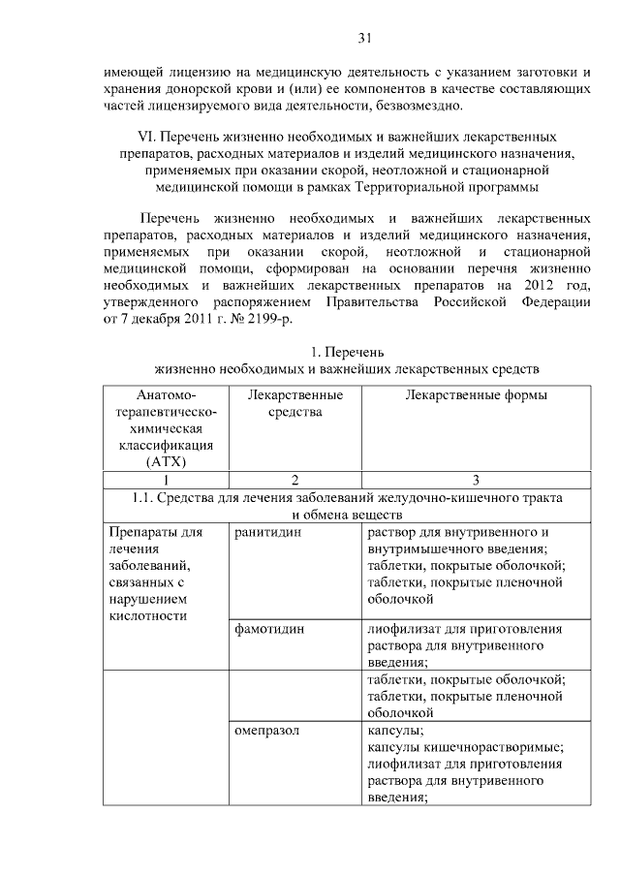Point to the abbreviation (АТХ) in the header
click(166, 461)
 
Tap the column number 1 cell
click(166, 480)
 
